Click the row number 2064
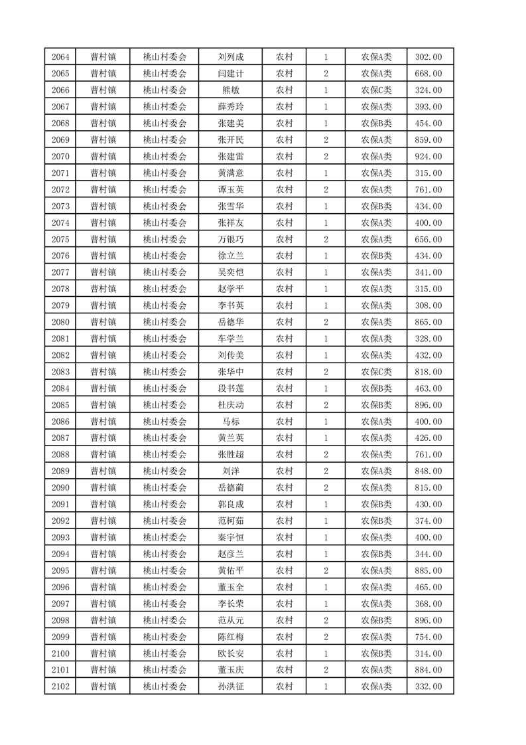(x=60, y=57)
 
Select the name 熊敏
(x=230, y=90)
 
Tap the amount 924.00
(x=428, y=157)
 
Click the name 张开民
(x=230, y=140)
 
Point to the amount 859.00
(x=428, y=140)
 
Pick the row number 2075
(x=60, y=240)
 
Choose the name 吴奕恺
(x=230, y=272)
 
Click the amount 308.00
(x=428, y=305)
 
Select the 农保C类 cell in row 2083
(x=376, y=372)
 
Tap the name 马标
(x=230, y=422)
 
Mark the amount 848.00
(x=428, y=471)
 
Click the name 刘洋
(x=230, y=471)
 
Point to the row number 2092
(x=60, y=521)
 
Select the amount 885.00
(x=428, y=570)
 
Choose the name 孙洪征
(x=230, y=687)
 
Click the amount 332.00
(x=428, y=687)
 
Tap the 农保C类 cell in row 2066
(x=376, y=90)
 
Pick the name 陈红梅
(x=230, y=637)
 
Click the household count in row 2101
(x=326, y=670)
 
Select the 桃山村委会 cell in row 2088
(x=165, y=455)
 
